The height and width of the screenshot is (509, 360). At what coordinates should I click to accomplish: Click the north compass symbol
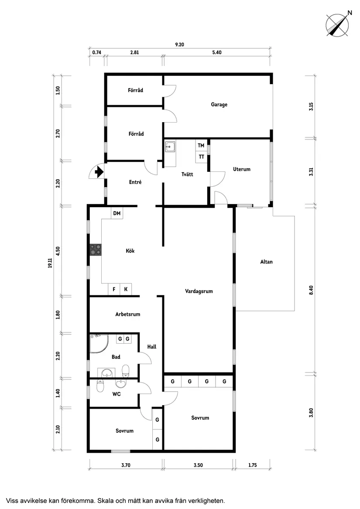338,25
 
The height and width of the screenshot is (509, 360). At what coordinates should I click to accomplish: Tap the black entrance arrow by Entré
99,172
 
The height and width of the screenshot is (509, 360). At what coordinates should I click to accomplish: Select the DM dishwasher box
117,213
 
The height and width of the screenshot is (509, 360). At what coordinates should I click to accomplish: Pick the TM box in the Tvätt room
201,145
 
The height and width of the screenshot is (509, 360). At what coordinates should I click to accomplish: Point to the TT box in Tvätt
201,157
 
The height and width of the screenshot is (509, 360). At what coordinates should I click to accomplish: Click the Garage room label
219,105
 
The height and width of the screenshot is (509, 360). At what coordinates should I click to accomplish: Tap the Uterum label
242,169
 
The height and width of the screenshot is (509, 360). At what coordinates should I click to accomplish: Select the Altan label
267,262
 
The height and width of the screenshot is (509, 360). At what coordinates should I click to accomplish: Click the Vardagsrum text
199,291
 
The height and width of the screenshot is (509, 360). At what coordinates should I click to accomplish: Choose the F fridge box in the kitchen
114,289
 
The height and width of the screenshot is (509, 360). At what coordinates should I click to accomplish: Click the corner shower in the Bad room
99,343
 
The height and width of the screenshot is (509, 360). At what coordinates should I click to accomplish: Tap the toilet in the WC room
101,385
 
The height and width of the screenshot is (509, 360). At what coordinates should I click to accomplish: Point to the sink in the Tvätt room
170,147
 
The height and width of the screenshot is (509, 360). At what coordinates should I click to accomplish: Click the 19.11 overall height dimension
50,263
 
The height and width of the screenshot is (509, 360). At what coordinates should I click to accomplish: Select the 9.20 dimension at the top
179,44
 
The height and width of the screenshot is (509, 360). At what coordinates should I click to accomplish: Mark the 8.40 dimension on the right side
311,290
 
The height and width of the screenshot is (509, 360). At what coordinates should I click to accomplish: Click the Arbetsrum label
128,314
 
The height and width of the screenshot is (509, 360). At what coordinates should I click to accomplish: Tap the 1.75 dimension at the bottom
253,465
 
